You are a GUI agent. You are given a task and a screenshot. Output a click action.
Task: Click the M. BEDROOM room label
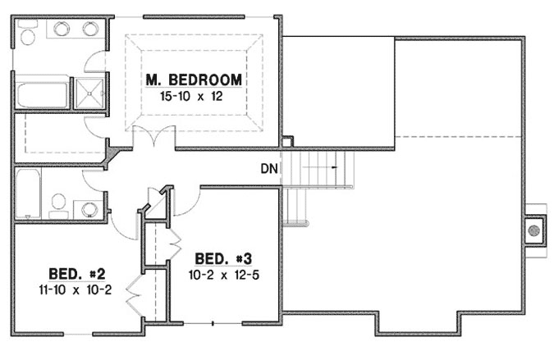pos(194,80)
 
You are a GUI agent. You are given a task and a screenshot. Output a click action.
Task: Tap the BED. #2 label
pos(75,273)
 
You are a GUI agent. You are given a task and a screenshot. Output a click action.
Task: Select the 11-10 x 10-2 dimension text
pos(75,289)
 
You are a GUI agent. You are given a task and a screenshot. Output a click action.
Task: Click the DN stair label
pos(269,170)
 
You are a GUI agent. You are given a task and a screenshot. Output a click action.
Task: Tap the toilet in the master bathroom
pos(28,34)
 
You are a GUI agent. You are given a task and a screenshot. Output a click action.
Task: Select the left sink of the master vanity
pos(62,30)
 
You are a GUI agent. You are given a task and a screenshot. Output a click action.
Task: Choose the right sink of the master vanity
pos(89,30)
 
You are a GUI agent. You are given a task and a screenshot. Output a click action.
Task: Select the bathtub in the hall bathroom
pos(28,194)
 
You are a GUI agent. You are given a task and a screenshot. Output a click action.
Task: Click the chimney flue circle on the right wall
pos(534,229)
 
